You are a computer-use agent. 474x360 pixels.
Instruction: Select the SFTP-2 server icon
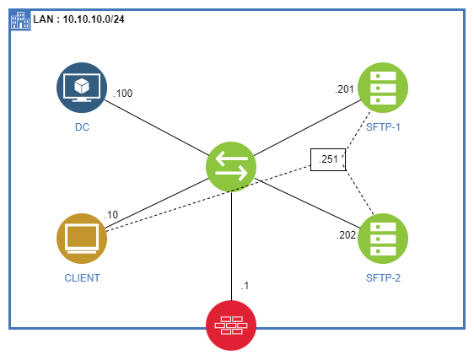coord(383,238)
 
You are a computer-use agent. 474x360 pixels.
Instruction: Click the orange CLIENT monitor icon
coord(82,239)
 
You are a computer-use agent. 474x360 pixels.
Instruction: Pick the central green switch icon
coord(231,164)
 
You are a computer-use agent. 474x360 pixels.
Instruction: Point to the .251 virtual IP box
coord(328,159)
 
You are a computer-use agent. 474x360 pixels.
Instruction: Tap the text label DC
coord(82,128)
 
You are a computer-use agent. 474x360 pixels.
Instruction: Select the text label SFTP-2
coord(384,277)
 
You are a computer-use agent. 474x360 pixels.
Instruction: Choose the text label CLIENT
coord(82,277)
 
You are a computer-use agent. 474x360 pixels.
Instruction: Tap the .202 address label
coord(347,235)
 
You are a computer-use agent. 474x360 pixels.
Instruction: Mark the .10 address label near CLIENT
coord(111,214)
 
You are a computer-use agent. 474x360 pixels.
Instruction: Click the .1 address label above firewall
coord(245,286)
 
